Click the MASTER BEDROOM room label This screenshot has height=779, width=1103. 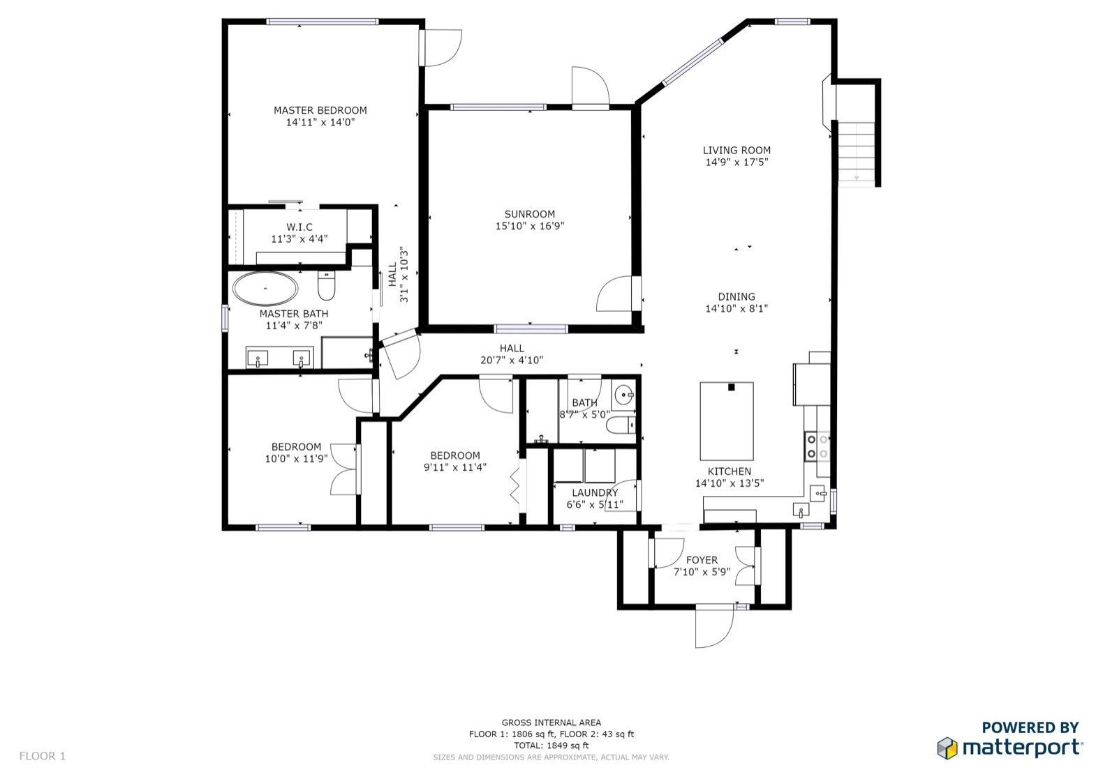click(320, 110)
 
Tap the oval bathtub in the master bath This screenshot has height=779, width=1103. click(265, 289)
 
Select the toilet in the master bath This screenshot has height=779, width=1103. click(326, 285)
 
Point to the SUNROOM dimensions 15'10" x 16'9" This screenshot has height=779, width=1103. click(529, 226)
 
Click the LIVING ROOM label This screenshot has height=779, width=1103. click(736, 151)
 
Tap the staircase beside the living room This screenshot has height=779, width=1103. click(857, 153)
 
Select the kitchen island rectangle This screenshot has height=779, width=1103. click(727, 421)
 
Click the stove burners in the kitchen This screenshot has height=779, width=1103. click(817, 446)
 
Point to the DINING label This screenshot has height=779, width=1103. click(736, 296)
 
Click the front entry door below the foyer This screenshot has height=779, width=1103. click(714, 628)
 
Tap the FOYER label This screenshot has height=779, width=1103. click(702, 559)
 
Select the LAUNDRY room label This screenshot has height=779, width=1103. click(595, 492)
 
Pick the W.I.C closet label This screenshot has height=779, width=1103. click(299, 227)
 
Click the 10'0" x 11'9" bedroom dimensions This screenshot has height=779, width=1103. click(296, 459)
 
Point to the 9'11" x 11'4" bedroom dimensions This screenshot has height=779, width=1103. click(455, 467)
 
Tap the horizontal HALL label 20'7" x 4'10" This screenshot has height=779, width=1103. click(512, 354)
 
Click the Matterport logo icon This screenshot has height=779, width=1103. click(947, 748)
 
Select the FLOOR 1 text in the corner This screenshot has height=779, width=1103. click(43, 756)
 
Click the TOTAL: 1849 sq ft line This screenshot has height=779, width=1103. click(551, 746)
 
